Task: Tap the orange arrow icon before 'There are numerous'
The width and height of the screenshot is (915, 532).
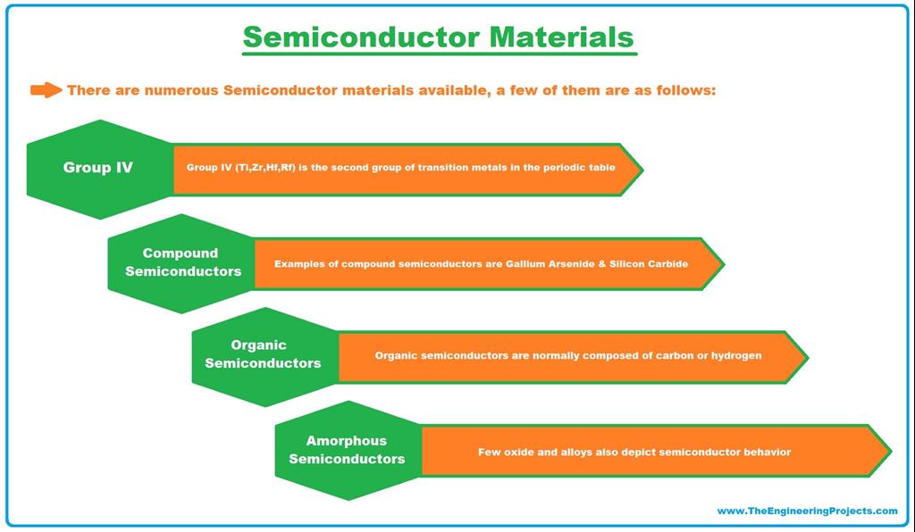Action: pyautogui.click(x=46, y=90)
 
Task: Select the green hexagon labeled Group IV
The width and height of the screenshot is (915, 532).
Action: pyautogui.click(x=98, y=168)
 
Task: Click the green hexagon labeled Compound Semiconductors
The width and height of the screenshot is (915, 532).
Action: pyautogui.click(x=182, y=262)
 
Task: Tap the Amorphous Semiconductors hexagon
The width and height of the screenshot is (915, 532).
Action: pyautogui.click(x=347, y=450)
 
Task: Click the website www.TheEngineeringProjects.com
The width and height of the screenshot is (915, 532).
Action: pyautogui.click(x=807, y=511)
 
